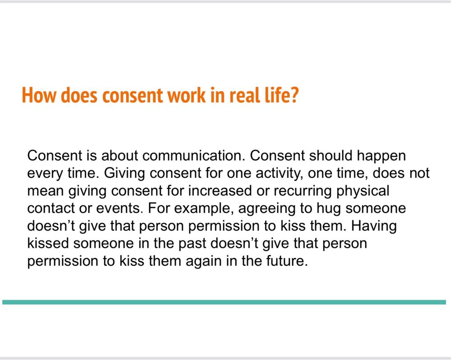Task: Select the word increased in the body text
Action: [220, 191]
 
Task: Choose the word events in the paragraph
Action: [120, 209]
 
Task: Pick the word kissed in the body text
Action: [48, 243]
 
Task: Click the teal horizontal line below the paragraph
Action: [224, 302]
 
